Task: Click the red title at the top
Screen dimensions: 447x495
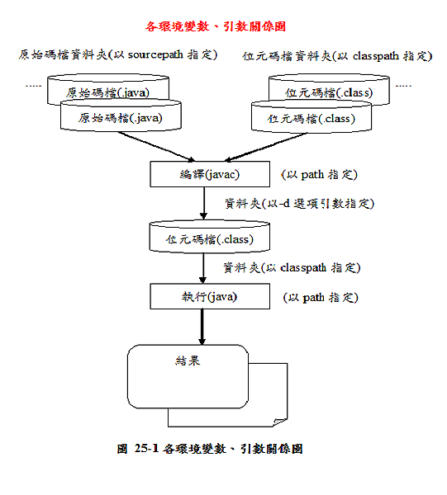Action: (x=216, y=26)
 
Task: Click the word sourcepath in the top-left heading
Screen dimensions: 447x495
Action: (x=155, y=54)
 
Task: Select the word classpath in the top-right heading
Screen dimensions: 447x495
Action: (x=376, y=56)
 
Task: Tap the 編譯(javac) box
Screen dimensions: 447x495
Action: (x=210, y=174)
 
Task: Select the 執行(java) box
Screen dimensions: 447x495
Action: (x=210, y=296)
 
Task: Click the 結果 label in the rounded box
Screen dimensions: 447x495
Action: (x=188, y=361)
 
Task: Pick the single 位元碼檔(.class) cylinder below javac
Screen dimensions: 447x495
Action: (x=210, y=237)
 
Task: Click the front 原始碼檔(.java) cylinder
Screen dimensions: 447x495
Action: (x=121, y=115)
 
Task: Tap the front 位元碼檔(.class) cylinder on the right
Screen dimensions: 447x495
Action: (x=311, y=116)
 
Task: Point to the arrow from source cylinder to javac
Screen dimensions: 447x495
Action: (x=156, y=146)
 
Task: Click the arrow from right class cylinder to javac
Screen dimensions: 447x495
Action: (x=265, y=147)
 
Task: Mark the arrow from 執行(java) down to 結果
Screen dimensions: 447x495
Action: (x=202, y=327)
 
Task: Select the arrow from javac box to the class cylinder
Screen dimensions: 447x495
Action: (x=204, y=203)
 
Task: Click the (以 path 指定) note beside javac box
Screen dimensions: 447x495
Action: (x=319, y=175)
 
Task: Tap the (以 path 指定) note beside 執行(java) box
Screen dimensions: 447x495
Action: (x=321, y=297)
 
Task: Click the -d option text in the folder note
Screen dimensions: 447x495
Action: (x=283, y=203)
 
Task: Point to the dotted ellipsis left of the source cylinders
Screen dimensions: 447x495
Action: (x=34, y=86)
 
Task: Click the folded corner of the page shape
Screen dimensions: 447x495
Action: (x=280, y=422)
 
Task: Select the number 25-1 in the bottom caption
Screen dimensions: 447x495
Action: (x=146, y=448)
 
